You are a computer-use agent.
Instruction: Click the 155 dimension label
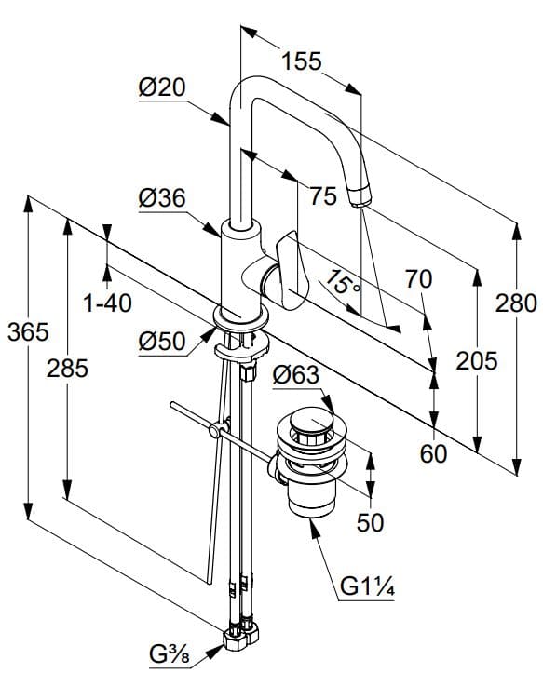[301, 61]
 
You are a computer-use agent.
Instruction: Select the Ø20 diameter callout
[162, 87]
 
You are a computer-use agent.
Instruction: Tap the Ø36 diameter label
[162, 198]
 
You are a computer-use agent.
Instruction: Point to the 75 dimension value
[323, 196]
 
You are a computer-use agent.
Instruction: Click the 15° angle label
[342, 283]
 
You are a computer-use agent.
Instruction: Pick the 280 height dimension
[516, 303]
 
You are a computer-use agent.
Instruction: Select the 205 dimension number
[477, 360]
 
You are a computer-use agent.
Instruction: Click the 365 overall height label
[28, 331]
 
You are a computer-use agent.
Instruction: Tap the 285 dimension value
[67, 369]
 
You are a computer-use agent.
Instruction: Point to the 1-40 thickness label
[107, 303]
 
